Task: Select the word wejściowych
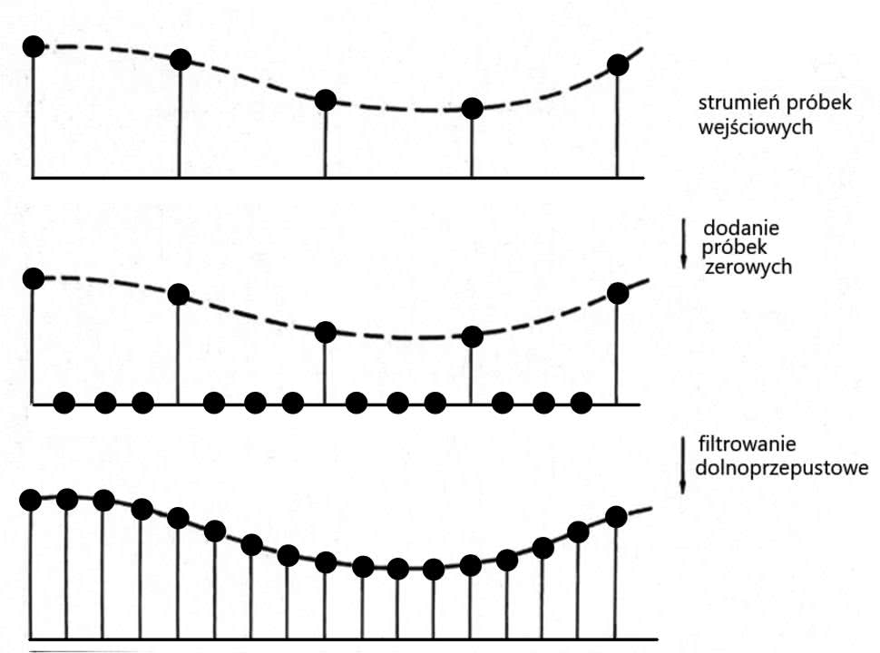pos(749,128)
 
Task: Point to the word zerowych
pos(748,268)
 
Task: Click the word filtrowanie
pos(748,444)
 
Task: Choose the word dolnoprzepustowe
pos(781,468)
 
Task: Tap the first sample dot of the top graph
pos(34,45)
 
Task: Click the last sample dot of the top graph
pos(618,64)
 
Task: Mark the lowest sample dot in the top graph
pos(472,109)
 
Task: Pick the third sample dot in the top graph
pos(326,101)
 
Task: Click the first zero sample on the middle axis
pos(64,403)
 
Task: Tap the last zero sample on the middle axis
pos(582,403)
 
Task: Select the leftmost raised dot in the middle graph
pos(34,278)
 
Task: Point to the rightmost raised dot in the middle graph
pos(618,293)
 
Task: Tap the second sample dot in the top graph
pos(181,60)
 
